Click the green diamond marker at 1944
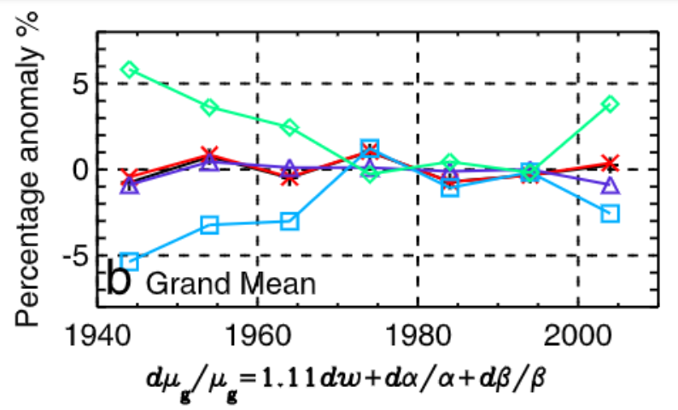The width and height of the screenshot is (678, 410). coord(130,69)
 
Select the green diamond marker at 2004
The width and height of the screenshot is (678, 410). coord(610,103)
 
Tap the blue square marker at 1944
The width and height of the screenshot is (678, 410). coord(130,261)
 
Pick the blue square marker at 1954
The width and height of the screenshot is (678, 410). coord(210,225)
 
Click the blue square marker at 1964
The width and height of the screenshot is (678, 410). coord(289,222)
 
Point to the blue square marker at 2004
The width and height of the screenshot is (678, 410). coord(610,213)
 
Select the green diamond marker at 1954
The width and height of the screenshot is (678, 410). coord(210,107)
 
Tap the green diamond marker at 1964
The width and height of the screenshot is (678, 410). coord(289,127)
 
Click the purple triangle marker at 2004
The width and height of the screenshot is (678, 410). coord(610,185)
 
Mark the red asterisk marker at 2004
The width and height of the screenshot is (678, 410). coord(610,162)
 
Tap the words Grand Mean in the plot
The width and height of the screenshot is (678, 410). coord(231,282)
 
